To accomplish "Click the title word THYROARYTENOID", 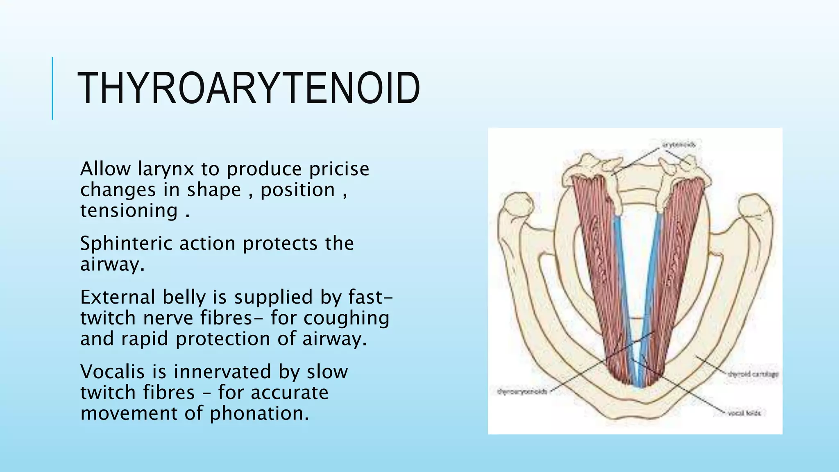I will [x=248, y=88].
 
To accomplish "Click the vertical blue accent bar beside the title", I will [x=52, y=88].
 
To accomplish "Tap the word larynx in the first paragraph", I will [x=166, y=169].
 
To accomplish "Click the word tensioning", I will [x=129, y=211].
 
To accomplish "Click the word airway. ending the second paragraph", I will [x=112, y=264].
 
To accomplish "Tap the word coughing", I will [x=346, y=318].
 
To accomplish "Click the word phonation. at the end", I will [x=259, y=413].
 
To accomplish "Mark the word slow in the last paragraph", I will [x=327, y=372].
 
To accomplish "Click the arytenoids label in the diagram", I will [x=678, y=145].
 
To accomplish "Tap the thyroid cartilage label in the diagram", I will [x=753, y=374].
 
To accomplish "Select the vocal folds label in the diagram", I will [x=744, y=413].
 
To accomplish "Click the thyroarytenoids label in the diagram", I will [x=522, y=392].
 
